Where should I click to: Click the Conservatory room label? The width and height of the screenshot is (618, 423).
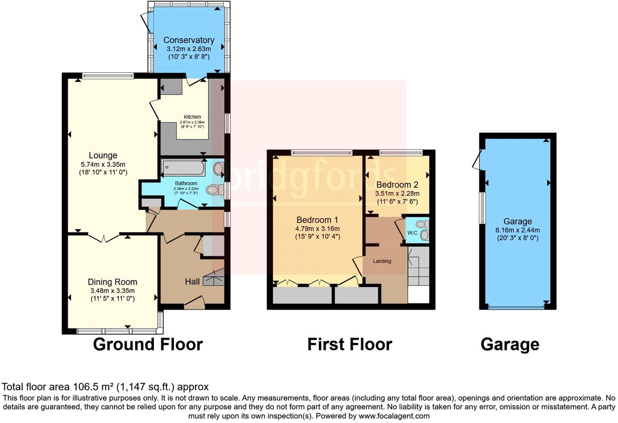coord(189,40)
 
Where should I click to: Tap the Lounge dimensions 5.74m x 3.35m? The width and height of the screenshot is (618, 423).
coord(103,164)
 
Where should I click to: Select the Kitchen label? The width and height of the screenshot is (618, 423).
coord(192,117)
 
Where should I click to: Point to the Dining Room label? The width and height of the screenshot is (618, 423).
coord(112,282)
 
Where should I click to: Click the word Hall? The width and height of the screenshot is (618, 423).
coord(192,282)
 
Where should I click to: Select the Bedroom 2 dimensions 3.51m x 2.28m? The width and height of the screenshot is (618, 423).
coord(397,193)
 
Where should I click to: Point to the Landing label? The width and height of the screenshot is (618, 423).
coord(382,261)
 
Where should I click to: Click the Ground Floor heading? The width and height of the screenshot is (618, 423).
coord(148,344)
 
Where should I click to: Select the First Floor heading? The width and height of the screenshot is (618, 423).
coord(349,344)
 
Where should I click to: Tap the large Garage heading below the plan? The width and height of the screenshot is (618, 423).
coord(509,344)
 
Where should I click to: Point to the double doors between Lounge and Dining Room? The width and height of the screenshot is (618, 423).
coord(104,237)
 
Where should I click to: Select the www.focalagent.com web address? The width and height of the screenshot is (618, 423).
coord(394,416)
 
